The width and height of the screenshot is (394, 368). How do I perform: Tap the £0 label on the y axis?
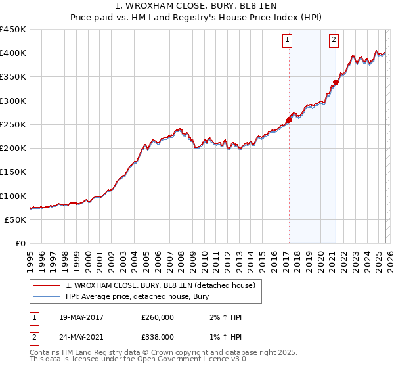point(20,244)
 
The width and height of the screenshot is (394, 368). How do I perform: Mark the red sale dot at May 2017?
point(289,120)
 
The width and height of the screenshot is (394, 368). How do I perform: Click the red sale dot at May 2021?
point(336,83)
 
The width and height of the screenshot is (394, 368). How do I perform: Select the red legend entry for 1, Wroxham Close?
point(164,285)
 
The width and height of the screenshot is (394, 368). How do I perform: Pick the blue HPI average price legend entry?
point(137,297)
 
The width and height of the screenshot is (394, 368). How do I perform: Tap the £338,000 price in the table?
point(158,337)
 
